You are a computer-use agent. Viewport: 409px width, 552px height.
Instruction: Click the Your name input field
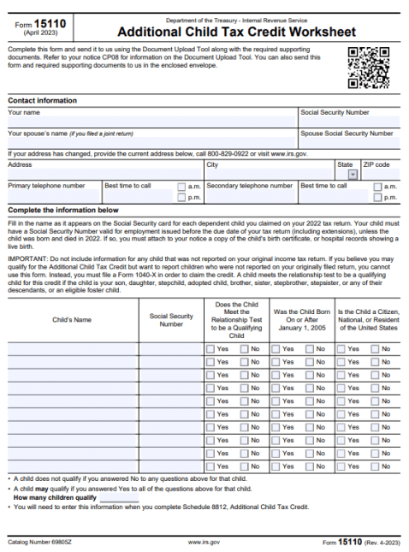pos(152,122)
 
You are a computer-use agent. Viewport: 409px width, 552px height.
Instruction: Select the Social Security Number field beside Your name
pos(348,122)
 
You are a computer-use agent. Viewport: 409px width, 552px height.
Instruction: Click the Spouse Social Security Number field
pos(348,143)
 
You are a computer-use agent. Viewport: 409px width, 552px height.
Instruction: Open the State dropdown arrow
pos(353,174)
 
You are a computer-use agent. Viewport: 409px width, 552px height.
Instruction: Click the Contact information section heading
pos(42,100)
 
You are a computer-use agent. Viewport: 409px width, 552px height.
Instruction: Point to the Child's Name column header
pos(72,319)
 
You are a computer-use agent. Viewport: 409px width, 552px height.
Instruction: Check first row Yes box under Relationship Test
pos(210,349)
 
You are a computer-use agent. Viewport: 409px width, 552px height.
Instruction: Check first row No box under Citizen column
pos(375,349)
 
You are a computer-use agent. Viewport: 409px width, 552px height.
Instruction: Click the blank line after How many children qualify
pos(119,497)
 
